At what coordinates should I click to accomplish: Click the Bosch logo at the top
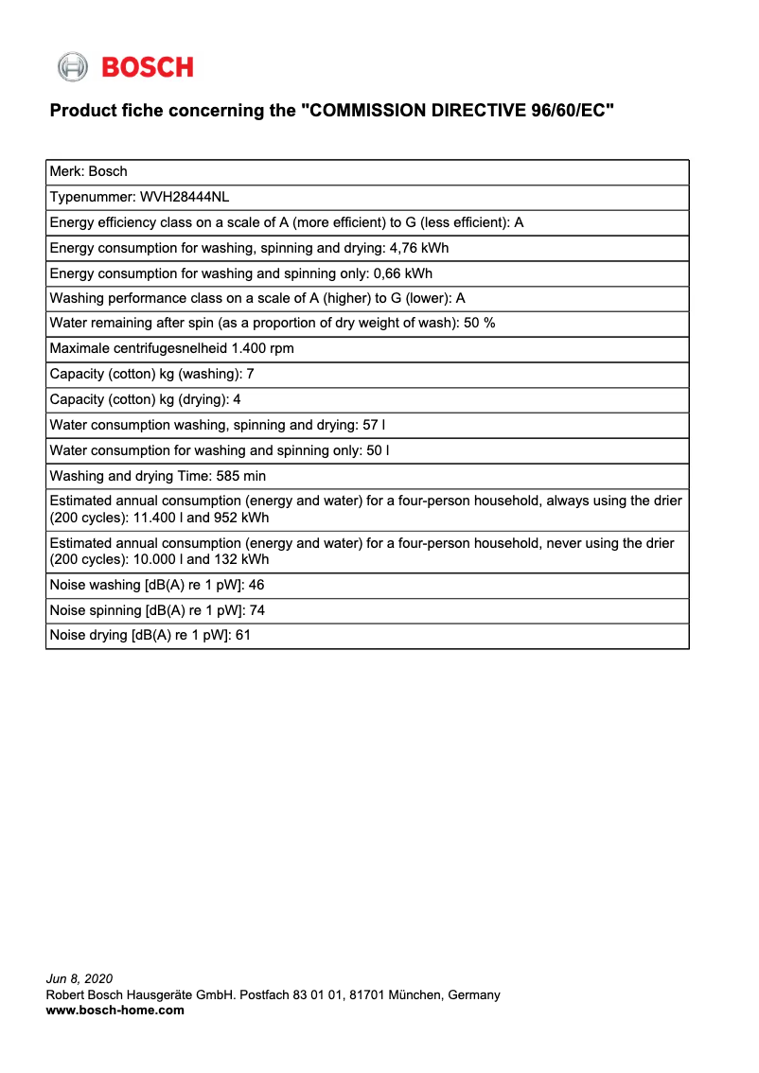click(125, 66)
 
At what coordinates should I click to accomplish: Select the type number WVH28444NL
click(185, 197)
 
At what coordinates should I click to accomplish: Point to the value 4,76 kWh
click(419, 248)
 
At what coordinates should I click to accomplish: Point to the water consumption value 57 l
click(374, 425)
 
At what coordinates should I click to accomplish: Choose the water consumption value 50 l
click(379, 450)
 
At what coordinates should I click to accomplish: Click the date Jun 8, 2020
click(79, 978)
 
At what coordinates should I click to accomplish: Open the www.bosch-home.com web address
click(115, 1010)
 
